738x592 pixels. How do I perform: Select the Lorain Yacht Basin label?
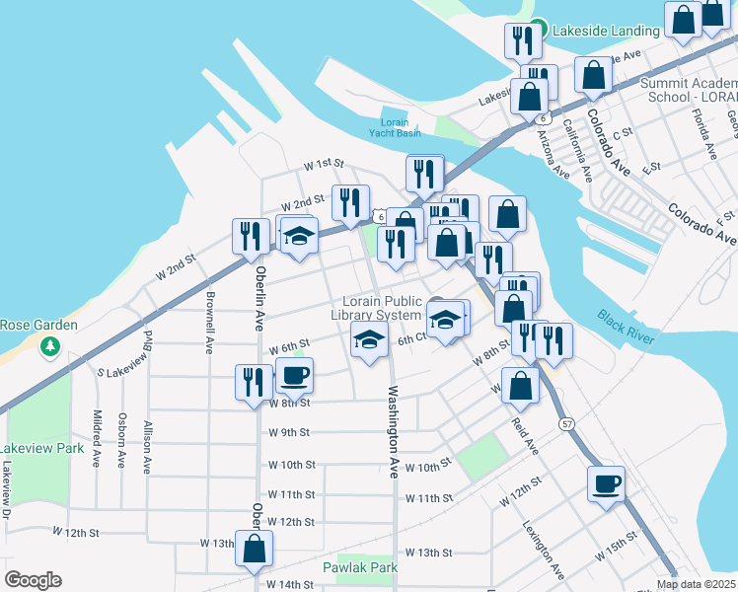point(394,127)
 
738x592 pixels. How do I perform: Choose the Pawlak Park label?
point(359,567)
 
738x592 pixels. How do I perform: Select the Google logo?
point(33,580)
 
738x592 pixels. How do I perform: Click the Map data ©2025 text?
point(697,584)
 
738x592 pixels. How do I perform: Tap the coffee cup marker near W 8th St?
point(293,375)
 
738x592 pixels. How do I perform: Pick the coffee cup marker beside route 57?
point(605,484)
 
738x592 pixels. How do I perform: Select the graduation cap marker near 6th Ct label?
point(369,341)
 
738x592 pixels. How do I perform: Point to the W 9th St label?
point(289,432)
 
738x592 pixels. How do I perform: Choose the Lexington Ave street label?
point(544,549)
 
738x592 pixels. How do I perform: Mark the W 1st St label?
point(323,163)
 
